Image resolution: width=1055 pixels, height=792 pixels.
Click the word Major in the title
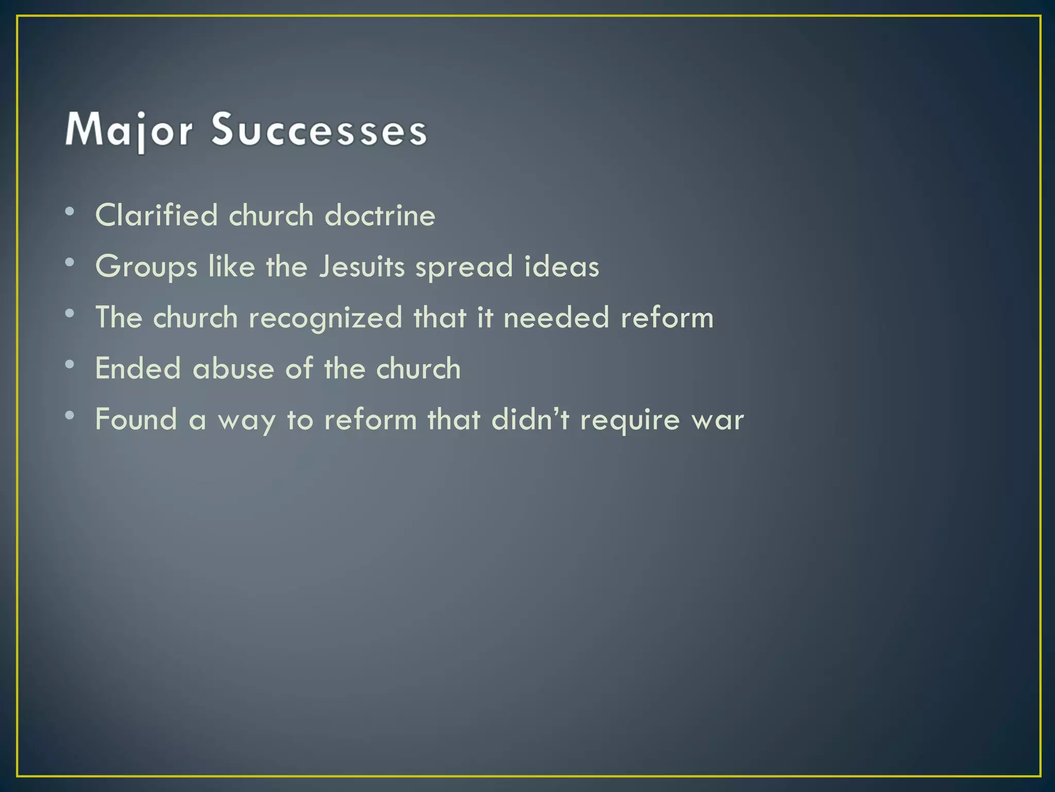tap(129, 130)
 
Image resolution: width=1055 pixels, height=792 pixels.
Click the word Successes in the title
tap(319, 130)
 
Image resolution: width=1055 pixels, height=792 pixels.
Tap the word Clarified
tap(157, 215)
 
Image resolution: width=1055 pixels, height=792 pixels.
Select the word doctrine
tap(380, 215)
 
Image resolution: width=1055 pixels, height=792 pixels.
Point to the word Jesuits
tap(362, 266)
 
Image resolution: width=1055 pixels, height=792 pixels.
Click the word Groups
tap(146, 267)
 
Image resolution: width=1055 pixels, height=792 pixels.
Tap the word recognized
tap(325, 318)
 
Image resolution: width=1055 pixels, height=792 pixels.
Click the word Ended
tap(138, 368)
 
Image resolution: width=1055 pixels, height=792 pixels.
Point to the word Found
tap(136, 419)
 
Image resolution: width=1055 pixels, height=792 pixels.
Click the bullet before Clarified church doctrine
tap(70, 211)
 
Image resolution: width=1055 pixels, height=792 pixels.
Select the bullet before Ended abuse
tap(70, 364)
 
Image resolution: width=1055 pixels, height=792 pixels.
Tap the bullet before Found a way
tap(70, 415)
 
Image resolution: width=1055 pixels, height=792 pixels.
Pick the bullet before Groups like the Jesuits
tap(70, 262)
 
